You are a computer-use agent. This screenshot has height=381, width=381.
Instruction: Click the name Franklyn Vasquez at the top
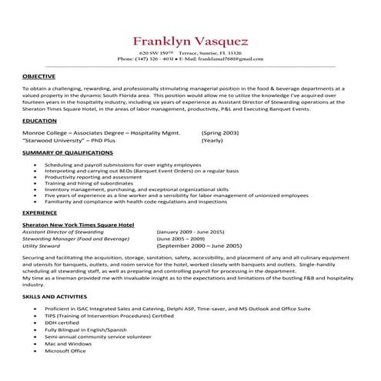191,40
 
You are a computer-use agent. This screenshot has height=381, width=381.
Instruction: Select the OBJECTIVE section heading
38,77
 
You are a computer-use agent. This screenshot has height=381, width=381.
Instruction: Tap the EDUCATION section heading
39,121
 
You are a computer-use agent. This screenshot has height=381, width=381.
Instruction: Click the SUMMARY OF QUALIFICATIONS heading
69,153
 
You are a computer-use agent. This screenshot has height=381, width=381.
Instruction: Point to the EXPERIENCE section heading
40,211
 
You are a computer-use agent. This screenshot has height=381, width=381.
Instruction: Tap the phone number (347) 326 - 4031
149,58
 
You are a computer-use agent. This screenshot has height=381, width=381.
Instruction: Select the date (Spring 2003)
220,132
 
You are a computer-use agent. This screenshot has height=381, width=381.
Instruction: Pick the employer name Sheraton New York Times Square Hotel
79,223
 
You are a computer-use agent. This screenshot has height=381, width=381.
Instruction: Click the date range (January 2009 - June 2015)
189,231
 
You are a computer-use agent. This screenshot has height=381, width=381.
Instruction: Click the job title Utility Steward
44,246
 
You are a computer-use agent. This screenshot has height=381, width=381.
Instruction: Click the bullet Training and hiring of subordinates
85,183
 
